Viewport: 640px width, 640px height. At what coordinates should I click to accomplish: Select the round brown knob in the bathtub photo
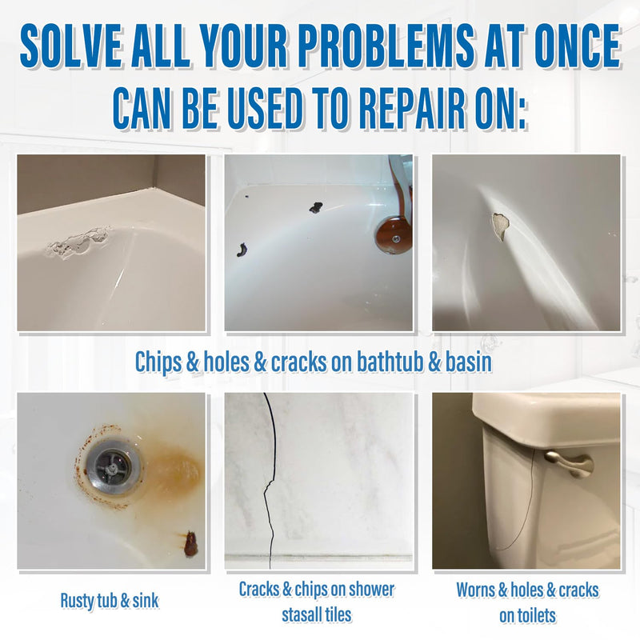pyautogui.click(x=393, y=233)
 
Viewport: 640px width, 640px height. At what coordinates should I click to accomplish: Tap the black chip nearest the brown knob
pyautogui.click(x=315, y=207)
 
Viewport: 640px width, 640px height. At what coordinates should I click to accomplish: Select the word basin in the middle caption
pyautogui.click(x=468, y=362)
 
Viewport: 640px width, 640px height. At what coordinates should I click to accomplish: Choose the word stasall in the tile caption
pyautogui.click(x=303, y=615)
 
